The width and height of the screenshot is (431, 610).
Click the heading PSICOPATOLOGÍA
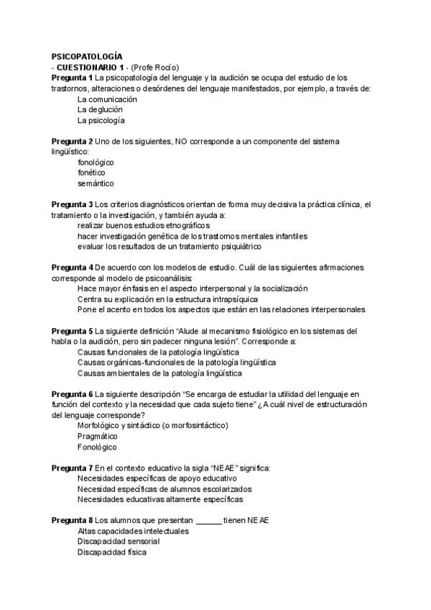pyautogui.click(x=87, y=56)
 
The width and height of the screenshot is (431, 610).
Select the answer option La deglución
pyautogui.click(x=101, y=110)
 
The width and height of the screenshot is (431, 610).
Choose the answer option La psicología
pyautogui.click(x=101, y=120)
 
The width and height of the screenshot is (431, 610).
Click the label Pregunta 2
pyautogui.click(x=72, y=141)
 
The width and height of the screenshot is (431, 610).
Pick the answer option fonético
pyautogui.click(x=91, y=173)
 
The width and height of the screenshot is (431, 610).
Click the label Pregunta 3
pyautogui.click(x=72, y=204)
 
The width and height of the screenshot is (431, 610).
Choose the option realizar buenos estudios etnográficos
pyautogui.click(x=144, y=225)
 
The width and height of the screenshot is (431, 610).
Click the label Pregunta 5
pyautogui.click(x=72, y=331)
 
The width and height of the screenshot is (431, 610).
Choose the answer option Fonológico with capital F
pyautogui.click(x=97, y=447)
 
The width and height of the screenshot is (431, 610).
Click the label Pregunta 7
pyautogui.click(x=72, y=468)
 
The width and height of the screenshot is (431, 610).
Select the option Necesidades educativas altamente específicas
pyautogui.click(x=160, y=499)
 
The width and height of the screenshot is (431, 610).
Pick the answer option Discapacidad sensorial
pyautogui.click(x=119, y=541)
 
